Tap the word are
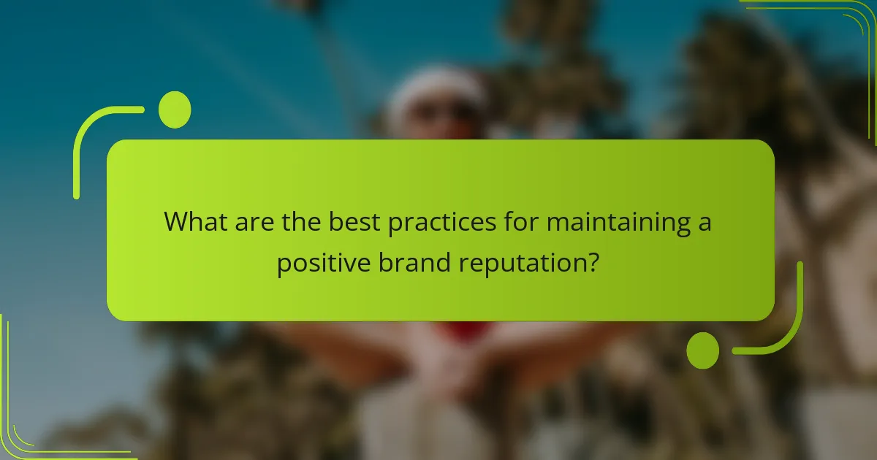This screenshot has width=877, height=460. click(x=257, y=221)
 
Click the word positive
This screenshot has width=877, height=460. click(x=321, y=263)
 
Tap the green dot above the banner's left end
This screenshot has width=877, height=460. click(x=175, y=110)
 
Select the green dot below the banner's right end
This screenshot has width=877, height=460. click(x=703, y=350)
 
